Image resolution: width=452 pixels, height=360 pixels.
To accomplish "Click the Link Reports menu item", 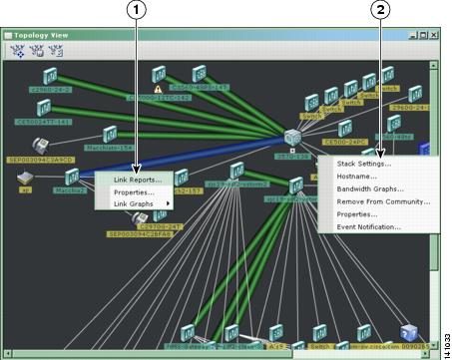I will [x=138, y=180].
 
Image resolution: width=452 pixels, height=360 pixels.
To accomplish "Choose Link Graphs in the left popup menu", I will [x=134, y=203].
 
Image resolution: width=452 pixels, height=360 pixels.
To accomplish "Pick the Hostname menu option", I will [x=357, y=176].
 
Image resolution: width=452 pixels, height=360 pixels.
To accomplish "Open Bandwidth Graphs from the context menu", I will [x=370, y=188].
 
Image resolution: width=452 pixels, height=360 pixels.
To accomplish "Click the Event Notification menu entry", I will [x=368, y=226].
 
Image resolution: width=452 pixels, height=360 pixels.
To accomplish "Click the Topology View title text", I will [x=39, y=35].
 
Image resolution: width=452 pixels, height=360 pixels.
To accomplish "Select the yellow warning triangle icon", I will [x=158, y=74].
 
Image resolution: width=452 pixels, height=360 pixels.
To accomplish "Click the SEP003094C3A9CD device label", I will [x=40, y=160].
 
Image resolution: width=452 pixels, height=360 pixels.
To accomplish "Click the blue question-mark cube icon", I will [x=407, y=334].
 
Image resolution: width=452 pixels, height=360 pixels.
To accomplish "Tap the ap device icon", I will [x=27, y=178].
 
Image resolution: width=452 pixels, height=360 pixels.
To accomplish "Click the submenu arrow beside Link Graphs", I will [x=168, y=203].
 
